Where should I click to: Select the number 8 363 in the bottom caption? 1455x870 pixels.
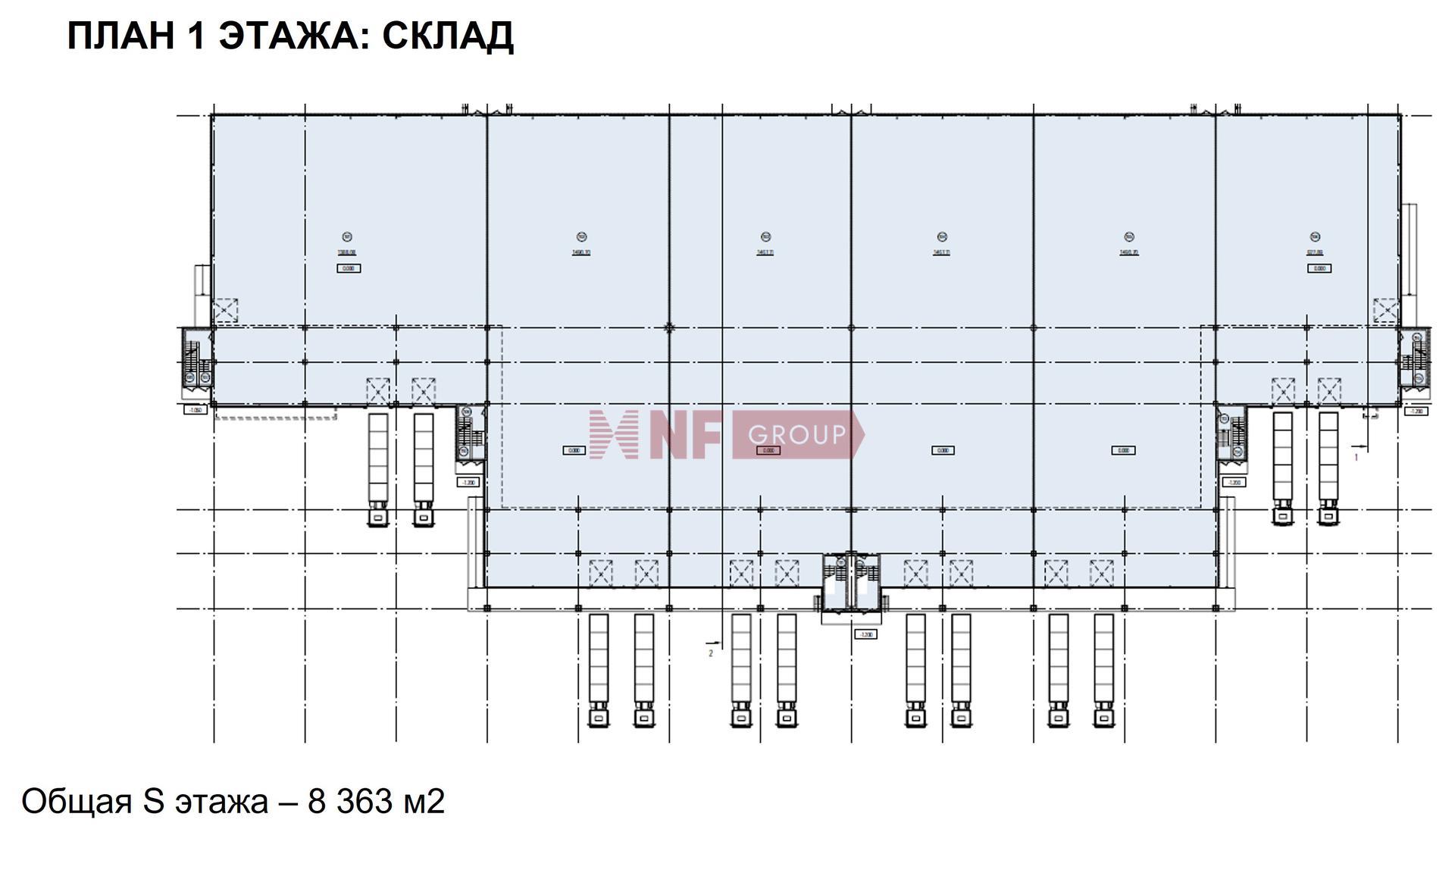pos(351,801)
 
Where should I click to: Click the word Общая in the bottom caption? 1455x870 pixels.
pos(76,801)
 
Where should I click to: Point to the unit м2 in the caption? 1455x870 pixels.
pos(424,801)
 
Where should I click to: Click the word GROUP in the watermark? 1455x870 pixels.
pos(796,435)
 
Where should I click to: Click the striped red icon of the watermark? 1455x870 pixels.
pos(612,435)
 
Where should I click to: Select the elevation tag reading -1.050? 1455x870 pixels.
pos(196,410)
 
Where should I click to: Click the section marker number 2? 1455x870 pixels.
pos(711,653)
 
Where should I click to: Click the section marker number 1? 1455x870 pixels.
pos(1356,457)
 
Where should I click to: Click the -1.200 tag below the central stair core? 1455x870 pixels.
pos(865,634)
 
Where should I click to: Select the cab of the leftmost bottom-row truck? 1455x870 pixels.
pos(599,716)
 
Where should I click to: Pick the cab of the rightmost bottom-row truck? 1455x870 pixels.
pos(1103,716)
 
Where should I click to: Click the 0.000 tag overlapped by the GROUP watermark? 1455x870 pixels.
pos(768,450)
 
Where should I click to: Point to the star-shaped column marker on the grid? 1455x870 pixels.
pos(669,328)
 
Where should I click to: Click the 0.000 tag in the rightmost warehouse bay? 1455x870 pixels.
pos(1319,268)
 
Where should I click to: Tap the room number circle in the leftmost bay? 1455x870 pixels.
pos(347,237)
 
